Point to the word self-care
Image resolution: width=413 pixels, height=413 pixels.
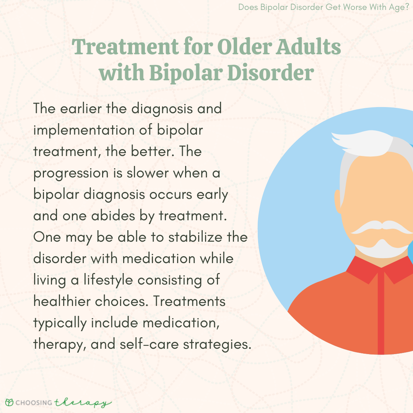(149, 344)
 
